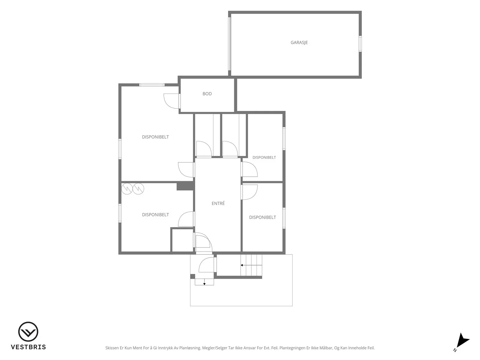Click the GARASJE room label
pyautogui.click(x=299, y=42)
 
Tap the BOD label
pyautogui.click(x=207, y=94)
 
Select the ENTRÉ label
pyautogui.click(x=218, y=203)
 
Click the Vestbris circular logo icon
pyautogui.click(x=28, y=331)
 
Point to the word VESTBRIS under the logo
pyautogui.click(x=28, y=347)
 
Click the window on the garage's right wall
pyautogui.click(x=360, y=44)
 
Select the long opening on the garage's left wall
pyautogui.click(x=229, y=44)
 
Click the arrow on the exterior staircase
pyautogui.click(x=251, y=265)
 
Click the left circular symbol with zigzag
pyautogui.click(x=127, y=188)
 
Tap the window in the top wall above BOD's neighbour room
pyautogui.click(x=152, y=85)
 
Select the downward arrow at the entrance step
pyautogui.click(x=204, y=282)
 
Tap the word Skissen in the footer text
pyautogui.click(x=112, y=348)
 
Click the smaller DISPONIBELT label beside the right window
pyautogui.click(x=264, y=157)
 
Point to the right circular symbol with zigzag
pyautogui.click(x=138, y=188)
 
